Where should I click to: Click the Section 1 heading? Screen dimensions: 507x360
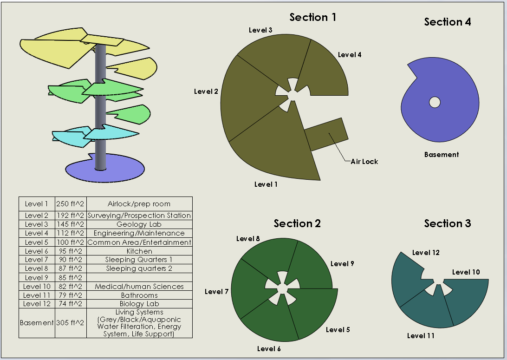click(312, 18)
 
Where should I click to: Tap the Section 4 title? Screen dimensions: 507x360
click(447, 22)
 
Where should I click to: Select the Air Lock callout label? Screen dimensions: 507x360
click(364, 162)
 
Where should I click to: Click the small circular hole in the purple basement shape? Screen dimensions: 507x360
click(435, 102)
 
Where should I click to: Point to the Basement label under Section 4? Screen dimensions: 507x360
click(441, 155)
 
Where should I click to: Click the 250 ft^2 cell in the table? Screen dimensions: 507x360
click(70, 204)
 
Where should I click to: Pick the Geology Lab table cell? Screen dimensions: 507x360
click(139, 224)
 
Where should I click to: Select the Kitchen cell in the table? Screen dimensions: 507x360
click(139, 251)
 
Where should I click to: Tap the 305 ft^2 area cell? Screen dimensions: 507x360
click(70, 323)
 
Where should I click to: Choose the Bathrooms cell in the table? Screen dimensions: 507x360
click(139, 295)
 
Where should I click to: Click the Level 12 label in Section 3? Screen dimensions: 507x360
click(426, 253)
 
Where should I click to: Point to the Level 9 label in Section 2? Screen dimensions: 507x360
click(342, 264)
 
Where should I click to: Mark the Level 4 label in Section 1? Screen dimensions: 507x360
click(350, 55)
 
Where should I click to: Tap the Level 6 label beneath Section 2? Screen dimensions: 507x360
click(269, 348)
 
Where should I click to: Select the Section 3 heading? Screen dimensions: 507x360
click(447, 223)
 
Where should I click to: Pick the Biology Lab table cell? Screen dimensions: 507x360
click(139, 304)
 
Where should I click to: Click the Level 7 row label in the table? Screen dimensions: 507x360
click(36, 260)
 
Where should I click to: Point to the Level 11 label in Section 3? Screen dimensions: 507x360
click(421, 336)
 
